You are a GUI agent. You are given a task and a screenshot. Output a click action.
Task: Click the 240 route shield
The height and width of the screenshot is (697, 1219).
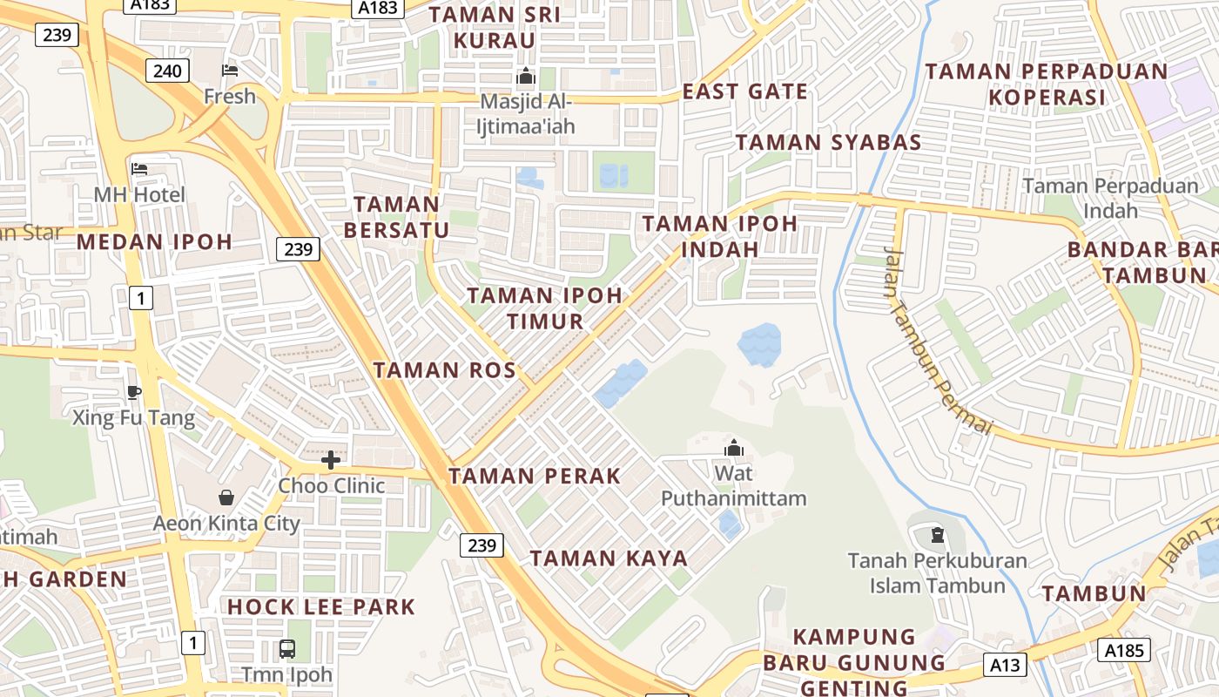tap(167, 70)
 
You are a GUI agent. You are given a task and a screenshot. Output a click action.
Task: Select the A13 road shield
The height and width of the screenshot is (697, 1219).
tap(1006, 665)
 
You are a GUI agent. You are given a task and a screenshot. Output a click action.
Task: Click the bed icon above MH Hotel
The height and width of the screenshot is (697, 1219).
tap(139, 168)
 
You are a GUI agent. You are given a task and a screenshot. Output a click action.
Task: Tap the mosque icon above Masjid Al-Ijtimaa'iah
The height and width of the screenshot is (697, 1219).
tap(525, 77)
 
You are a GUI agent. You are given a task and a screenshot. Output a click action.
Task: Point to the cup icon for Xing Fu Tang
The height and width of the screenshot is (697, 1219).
tap(133, 392)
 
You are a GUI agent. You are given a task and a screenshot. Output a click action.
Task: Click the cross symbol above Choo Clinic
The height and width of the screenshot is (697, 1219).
tap(331, 459)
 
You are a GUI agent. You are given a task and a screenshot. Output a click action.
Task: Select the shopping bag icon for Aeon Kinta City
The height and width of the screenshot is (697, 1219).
tap(226, 497)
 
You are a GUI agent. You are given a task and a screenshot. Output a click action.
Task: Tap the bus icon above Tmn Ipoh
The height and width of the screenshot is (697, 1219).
tap(286, 648)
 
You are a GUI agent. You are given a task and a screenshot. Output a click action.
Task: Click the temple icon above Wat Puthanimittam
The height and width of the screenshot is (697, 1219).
tap(734, 448)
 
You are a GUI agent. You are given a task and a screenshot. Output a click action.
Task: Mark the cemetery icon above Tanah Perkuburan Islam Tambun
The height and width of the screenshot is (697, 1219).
tap(937, 534)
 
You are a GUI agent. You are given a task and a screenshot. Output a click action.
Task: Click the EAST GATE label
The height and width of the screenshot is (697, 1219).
tap(744, 91)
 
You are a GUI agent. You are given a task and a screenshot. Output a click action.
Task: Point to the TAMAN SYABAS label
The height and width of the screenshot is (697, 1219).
tap(828, 143)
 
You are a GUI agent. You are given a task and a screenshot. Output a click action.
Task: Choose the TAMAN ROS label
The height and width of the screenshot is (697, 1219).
tap(445, 369)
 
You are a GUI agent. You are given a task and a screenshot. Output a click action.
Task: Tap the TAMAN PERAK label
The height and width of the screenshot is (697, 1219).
tap(535, 476)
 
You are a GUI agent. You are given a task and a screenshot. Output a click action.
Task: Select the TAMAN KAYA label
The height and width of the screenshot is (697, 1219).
tap(609, 558)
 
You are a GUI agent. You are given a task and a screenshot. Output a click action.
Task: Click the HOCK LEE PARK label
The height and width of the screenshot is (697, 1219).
tap(321, 606)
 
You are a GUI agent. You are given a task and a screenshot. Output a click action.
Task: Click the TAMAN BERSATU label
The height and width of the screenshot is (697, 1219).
tap(397, 217)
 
